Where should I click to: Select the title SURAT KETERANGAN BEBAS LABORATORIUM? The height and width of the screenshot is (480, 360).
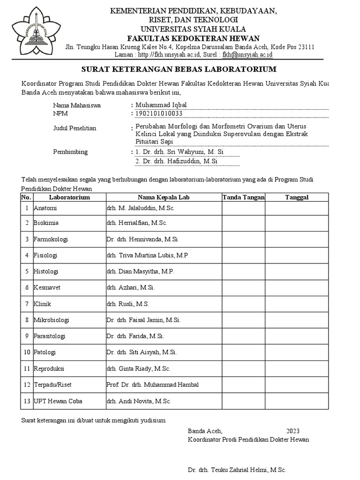coord(179,69)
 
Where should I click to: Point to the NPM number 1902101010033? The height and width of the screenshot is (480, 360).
coord(158,113)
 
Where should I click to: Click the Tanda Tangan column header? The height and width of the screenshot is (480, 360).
coord(243,197)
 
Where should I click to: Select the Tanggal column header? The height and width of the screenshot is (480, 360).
coord(297,197)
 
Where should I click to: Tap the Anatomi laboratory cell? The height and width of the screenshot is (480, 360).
coord(45,208)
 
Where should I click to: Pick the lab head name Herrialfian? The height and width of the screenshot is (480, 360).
coord(137,223)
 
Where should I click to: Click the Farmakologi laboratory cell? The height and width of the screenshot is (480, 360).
coord(51,239)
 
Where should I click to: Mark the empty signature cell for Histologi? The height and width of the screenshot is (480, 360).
coord(243,271)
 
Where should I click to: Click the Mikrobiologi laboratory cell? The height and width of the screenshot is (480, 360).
coord(51,320)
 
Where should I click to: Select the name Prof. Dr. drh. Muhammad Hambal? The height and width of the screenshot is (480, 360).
coord(152,384)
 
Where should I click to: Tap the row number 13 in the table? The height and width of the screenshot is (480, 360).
coord(27,401)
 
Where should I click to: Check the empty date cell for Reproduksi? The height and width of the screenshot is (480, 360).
coord(297,368)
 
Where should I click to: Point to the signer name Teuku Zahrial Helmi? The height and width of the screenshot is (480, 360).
coord(237,470)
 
